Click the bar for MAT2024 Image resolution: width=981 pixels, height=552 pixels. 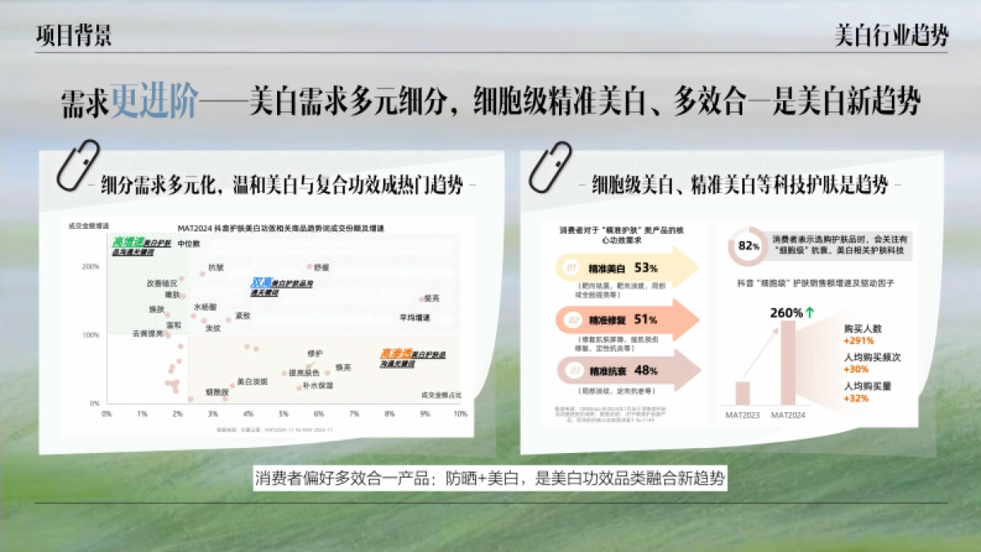point(787,362)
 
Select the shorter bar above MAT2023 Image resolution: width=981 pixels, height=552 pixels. point(742,393)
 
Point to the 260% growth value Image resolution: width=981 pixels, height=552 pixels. point(786,312)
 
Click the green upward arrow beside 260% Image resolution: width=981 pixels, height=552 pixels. point(810,312)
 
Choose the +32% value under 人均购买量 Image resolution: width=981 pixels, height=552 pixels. point(855,398)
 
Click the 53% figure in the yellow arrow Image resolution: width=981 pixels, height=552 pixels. point(646,267)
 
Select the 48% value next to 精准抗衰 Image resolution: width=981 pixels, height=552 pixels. point(646,370)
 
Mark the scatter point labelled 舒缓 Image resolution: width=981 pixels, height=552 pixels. point(310,267)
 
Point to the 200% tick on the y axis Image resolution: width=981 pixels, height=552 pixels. point(92,267)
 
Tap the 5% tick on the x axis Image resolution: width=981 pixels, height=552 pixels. point(283,414)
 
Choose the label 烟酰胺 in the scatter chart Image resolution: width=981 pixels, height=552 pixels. point(217,393)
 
